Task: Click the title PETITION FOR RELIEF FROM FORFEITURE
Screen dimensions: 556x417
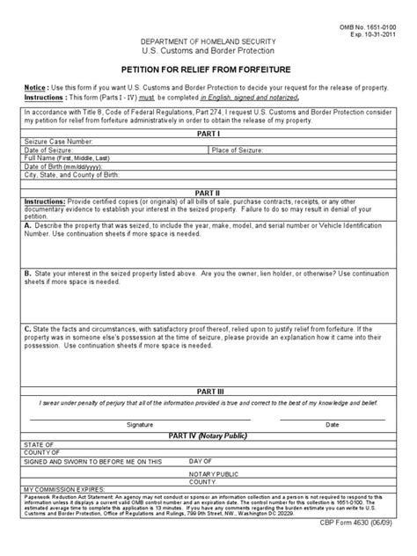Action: [x=208, y=76]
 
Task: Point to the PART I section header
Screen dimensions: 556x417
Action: [x=208, y=133]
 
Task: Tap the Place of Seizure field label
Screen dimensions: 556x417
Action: [x=260, y=150]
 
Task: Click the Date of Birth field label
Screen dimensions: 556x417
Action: [x=56, y=165]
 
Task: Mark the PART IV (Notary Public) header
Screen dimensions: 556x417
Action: [x=208, y=435]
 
